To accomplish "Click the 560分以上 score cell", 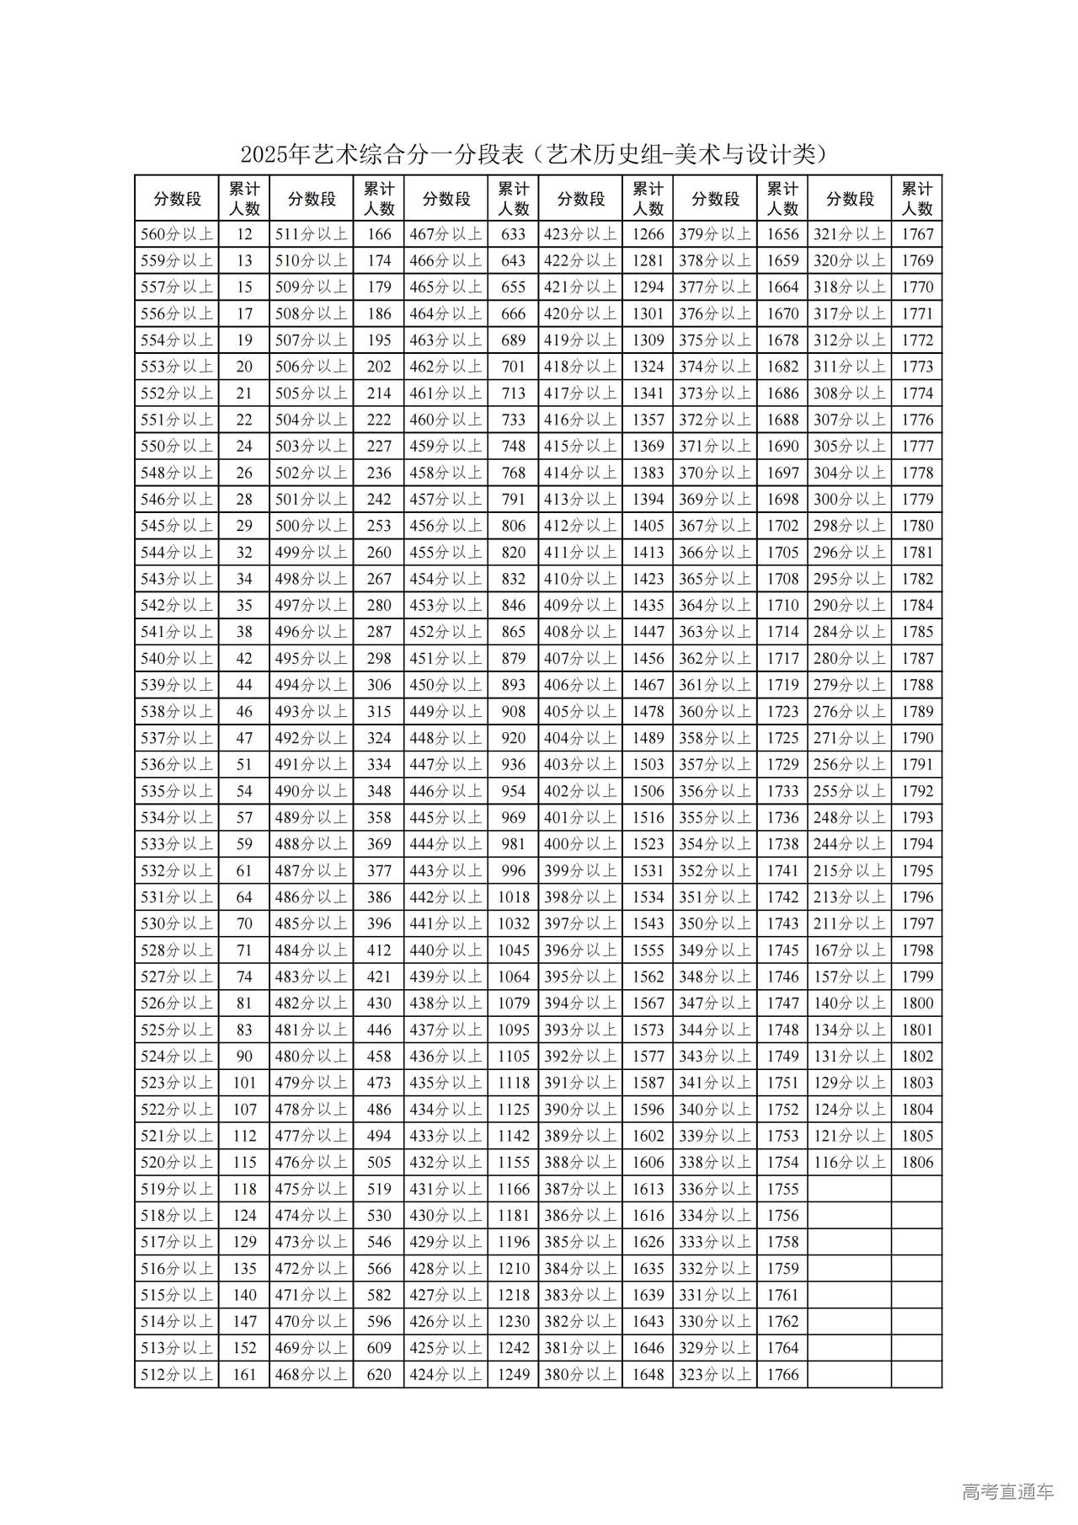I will [177, 234].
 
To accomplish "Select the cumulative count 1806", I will [917, 1162].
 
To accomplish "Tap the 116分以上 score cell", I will [849, 1162].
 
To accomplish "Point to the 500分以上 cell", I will [311, 526].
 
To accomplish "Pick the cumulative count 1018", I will [513, 897].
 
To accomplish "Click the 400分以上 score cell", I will [580, 844].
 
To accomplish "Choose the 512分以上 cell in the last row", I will [177, 1374].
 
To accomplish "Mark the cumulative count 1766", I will [782, 1374].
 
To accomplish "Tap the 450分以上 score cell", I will [446, 685].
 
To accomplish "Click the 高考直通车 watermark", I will [1007, 1492].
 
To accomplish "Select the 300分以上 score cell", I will [849, 500].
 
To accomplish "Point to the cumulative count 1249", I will [513, 1374].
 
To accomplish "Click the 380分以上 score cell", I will [580, 1374].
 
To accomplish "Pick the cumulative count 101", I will [244, 1083].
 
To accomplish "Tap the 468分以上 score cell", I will [311, 1374].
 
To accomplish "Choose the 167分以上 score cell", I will [849, 950].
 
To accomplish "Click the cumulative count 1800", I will [917, 1003].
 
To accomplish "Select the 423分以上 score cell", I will [580, 234].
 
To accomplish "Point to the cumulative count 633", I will [513, 234].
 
